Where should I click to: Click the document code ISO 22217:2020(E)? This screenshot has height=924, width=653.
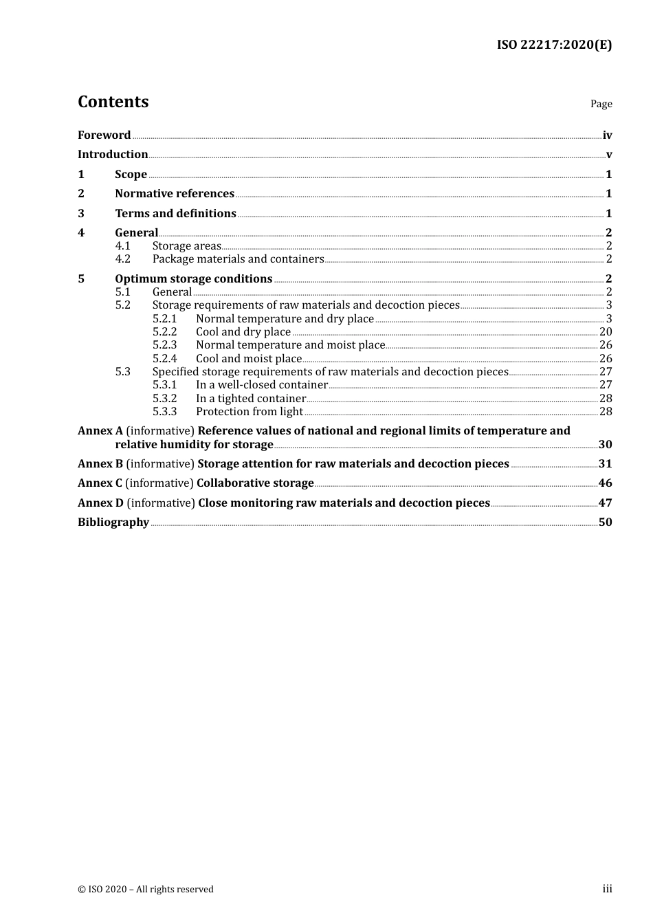pos(554,45)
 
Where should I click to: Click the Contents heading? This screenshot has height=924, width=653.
pos(113,102)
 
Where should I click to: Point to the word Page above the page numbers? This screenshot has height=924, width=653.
pos(601,104)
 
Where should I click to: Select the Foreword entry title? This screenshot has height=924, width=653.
pos(104,135)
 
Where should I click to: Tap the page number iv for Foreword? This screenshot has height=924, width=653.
pos(607,135)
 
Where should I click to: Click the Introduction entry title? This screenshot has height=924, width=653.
pos(113,155)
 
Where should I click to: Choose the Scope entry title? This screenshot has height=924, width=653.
pos(131,175)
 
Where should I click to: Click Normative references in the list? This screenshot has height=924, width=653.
pos(175,194)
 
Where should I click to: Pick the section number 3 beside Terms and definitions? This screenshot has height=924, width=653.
pos(81,214)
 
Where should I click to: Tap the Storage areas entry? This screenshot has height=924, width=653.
pos(186,246)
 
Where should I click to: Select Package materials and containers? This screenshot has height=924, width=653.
pos(238,259)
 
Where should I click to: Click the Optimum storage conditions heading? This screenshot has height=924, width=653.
pos(193,279)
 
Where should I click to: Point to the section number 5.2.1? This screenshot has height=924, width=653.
pos(164,319)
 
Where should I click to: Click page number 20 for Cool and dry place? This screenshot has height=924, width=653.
pos(606,332)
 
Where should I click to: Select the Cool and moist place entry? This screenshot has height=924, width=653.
pos(249,359)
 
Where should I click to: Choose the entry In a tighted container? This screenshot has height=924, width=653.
pos(250,399)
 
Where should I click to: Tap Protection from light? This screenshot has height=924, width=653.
pos(249,412)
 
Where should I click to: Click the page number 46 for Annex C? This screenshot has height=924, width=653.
pos(605,483)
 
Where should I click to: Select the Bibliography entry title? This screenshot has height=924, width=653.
pos(113,522)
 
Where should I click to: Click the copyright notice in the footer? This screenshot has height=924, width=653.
pos(146,890)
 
